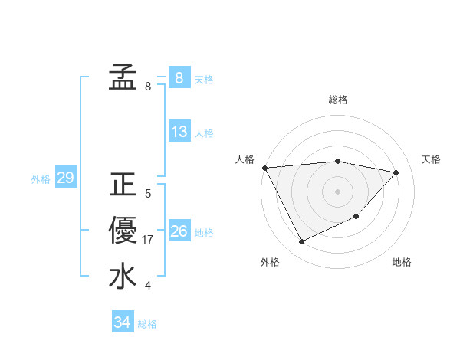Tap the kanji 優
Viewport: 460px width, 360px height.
point(123,230)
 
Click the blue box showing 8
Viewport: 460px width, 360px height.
point(179,77)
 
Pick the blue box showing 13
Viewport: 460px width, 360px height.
point(179,132)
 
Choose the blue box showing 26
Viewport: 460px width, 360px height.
point(179,231)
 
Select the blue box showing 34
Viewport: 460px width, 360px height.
point(122,322)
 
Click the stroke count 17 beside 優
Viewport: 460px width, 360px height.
point(149,240)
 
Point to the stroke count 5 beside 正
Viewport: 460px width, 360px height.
point(148,194)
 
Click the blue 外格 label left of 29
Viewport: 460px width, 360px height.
point(41,179)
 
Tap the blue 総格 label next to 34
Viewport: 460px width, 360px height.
point(147,324)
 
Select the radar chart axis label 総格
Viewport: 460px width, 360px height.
point(337,100)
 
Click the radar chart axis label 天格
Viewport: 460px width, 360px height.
point(431,159)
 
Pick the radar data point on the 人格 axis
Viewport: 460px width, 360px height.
point(264,168)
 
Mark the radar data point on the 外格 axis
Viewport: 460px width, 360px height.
point(301,242)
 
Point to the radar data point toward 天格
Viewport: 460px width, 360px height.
point(396,172)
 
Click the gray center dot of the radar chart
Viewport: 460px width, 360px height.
point(337,191)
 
